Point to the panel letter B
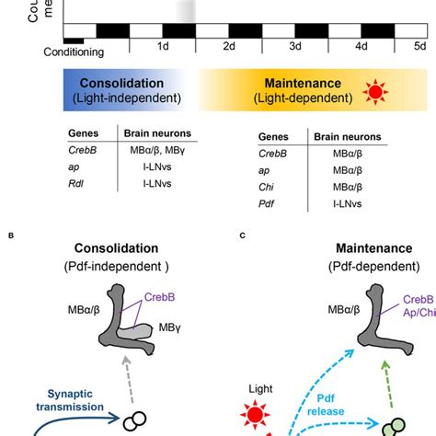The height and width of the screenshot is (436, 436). (11, 236)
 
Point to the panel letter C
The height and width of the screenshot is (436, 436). (242, 236)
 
